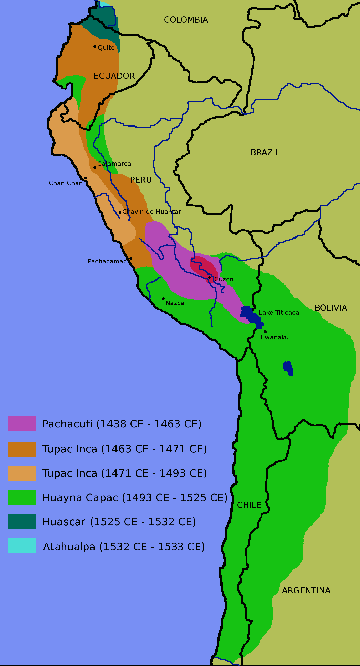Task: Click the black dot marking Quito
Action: click(95, 46)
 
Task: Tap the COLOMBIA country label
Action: click(186, 20)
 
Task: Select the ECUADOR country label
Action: click(114, 76)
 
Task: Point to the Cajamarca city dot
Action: click(95, 168)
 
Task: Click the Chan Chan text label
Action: click(66, 183)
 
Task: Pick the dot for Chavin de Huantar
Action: click(120, 213)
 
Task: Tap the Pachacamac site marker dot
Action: click(131, 258)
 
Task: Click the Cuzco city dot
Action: click(209, 277)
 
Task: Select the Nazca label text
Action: click(175, 303)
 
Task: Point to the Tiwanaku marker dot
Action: click(265, 332)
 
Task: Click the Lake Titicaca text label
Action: click(279, 313)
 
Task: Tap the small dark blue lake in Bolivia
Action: click(288, 368)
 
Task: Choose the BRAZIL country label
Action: click(265, 153)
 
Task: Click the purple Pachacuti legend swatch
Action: click(22, 423)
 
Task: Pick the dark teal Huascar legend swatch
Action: click(22, 522)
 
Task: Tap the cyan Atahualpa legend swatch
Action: click(22, 546)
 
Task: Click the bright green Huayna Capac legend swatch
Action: click(22, 498)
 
